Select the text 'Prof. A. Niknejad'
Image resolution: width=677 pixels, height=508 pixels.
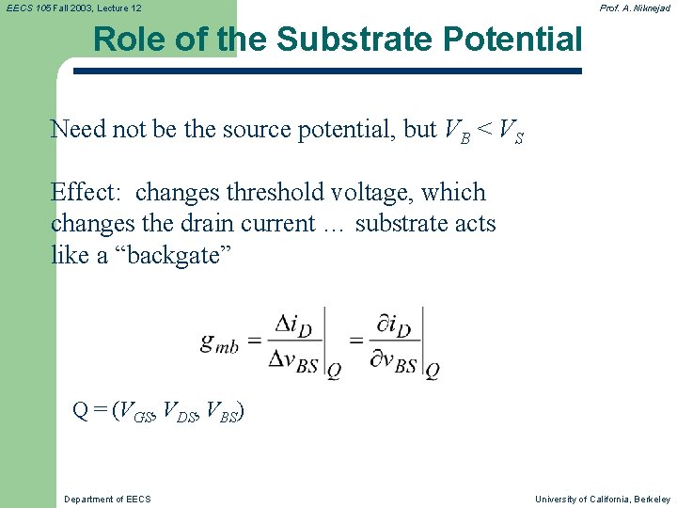pos(635,8)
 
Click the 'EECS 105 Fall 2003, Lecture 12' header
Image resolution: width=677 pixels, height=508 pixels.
pos(74,8)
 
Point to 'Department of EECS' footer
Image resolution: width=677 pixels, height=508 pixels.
pos(107,499)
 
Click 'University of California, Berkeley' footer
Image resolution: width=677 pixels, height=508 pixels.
pos(603,499)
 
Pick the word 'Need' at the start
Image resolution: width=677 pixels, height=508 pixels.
pos(79,129)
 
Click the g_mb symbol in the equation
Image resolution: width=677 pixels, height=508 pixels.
pos(219,341)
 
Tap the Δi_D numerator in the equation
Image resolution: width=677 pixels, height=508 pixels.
pos(291,325)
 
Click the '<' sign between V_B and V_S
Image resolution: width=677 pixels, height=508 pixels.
pos(481,129)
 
